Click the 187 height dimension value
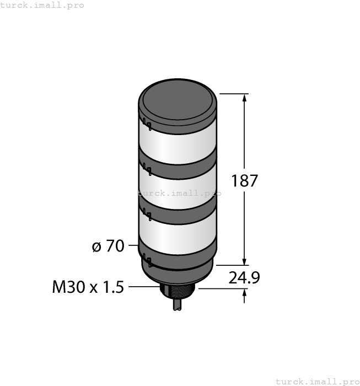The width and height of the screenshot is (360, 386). pos(245,180)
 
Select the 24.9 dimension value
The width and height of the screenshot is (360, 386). pos(244,278)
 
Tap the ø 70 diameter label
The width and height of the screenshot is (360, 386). pos(108,246)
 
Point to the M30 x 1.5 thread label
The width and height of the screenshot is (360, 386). pos(88,287)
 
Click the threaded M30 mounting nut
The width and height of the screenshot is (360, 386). pos(178,291)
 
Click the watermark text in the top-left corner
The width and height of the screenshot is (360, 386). pos(42,5)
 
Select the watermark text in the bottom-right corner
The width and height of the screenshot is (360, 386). pos(317,381)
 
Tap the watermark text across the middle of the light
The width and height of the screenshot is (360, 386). pos(180,193)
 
